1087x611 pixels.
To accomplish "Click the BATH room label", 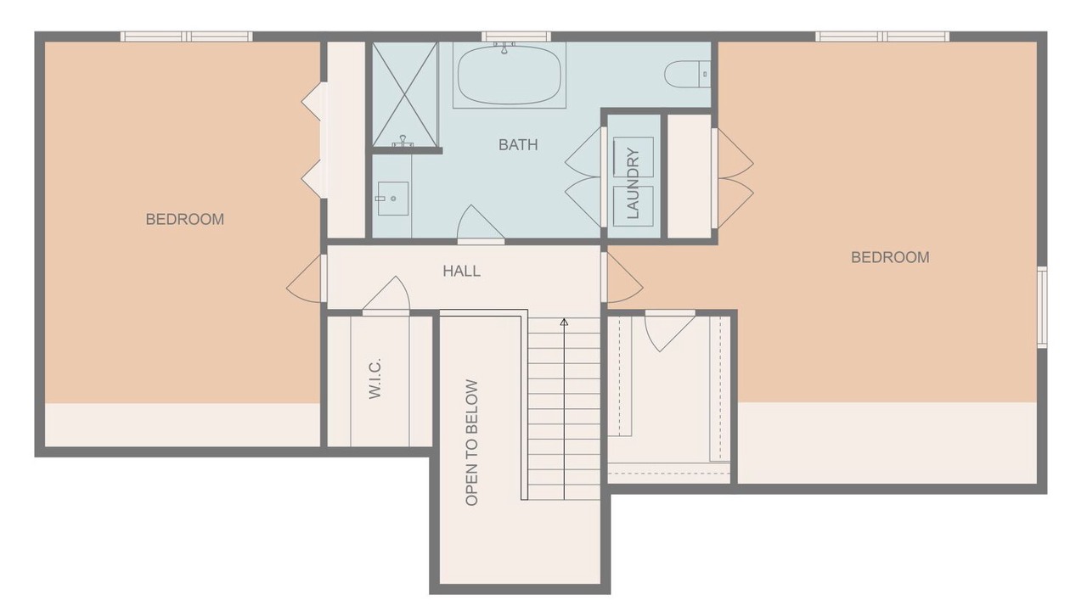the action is pyautogui.click(x=518, y=144).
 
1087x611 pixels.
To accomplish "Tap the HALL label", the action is pyautogui.click(x=461, y=271).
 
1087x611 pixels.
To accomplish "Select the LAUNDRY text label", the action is pyautogui.click(x=634, y=183).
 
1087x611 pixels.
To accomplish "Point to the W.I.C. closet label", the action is pyautogui.click(x=375, y=378).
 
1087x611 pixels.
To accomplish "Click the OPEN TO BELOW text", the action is pyautogui.click(x=471, y=443).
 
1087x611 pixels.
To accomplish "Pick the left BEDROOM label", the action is pyautogui.click(x=185, y=219).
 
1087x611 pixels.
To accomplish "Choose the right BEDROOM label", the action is pyautogui.click(x=890, y=257).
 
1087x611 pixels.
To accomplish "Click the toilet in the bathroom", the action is pyautogui.click(x=687, y=74).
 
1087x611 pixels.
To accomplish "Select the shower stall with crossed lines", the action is pyautogui.click(x=405, y=94).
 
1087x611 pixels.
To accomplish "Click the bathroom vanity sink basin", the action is pyautogui.click(x=393, y=199).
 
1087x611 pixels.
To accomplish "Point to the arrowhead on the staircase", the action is pyautogui.click(x=564, y=322).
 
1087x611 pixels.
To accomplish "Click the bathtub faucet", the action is pyautogui.click(x=504, y=47).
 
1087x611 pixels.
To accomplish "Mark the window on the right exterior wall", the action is pyautogui.click(x=1042, y=306).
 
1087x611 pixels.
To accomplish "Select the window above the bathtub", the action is pyautogui.click(x=515, y=36).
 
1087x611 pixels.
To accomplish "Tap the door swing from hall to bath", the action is pyautogui.click(x=481, y=224).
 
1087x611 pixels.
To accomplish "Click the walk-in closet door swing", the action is pyautogui.click(x=386, y=296).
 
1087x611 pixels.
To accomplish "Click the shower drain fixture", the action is pyautogui.click(x=403, y=141).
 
